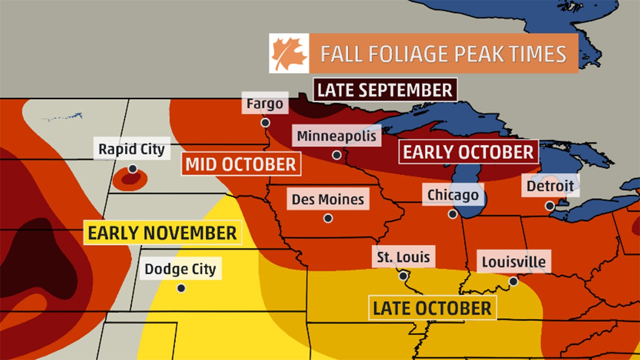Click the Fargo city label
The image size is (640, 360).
point(265,104)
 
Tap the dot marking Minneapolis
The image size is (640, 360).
point(337,155)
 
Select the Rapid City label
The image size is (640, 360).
point(131,149)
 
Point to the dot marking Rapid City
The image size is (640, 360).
point(132,169)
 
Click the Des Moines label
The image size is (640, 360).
point(328,199)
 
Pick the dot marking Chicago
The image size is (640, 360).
point(453,214)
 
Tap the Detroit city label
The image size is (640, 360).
point(550,186)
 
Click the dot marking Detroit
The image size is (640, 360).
point(550,205)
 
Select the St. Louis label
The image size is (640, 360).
point(403,257)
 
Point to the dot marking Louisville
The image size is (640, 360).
point(513,281)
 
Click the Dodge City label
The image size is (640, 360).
point(180,269)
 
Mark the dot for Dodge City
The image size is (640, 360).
point(181,288)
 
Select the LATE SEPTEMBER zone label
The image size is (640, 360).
point(385,90)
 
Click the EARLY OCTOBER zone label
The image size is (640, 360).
point(468,151)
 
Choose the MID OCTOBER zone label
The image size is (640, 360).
point(241,164)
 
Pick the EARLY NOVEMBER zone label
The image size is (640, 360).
point(162,232)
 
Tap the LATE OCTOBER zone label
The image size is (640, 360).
point(432,308)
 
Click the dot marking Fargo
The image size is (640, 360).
point(265,122)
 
